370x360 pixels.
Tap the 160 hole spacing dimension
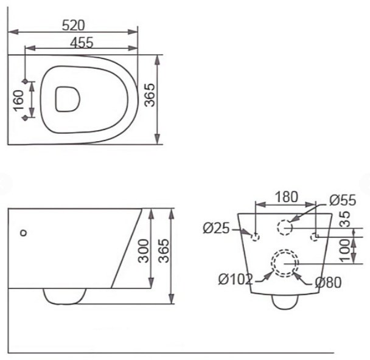[x=18, y=100]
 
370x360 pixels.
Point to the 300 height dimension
[x=144, y=249]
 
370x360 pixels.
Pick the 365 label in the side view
[x=161, y=249]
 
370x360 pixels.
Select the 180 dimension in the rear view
[x=286, y=197]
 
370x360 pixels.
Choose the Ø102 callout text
[x=236, y=280]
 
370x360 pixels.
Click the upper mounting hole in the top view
[x=24, y=81]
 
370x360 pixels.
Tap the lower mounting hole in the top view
[x=24, y=119]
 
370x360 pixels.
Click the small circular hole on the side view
[x=24, y=232]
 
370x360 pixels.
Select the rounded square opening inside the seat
[x=68, y=99]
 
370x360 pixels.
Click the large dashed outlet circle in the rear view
[x=285, y=263]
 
